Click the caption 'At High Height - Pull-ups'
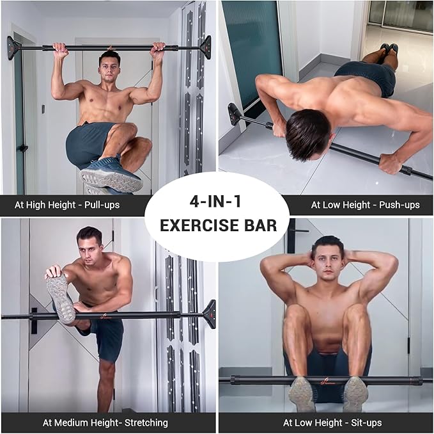(x=67, y=205)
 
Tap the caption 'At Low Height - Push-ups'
(x=365, y=205)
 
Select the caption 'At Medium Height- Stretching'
(x=105, y=422)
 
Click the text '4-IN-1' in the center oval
(x=217, y=203)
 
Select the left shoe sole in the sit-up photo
(x=302, y=393)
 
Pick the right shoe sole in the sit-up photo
(x=355, y=393)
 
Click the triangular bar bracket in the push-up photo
(x=235, y=114)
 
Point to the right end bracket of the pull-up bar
(x=205, y=47)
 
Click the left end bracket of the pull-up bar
(x=13, y=47)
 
